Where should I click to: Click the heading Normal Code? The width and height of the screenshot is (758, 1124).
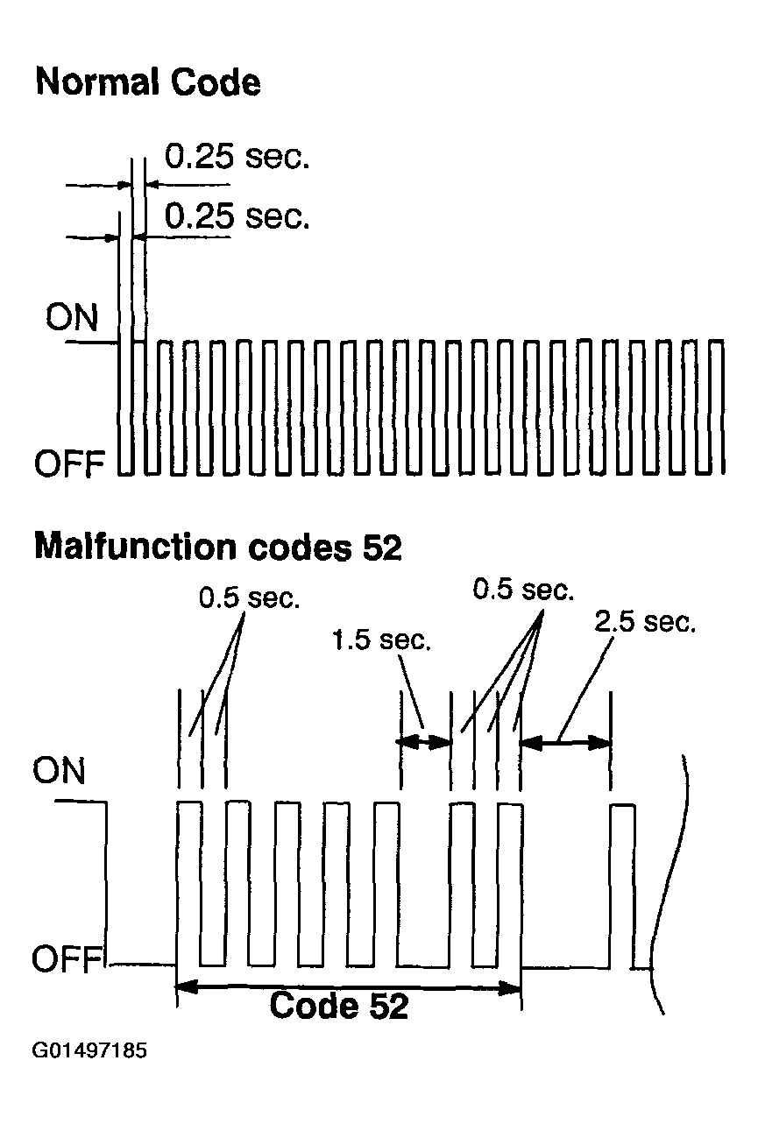[x=149, y=82]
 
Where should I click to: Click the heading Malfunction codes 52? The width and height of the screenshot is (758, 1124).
[x=218, y=547]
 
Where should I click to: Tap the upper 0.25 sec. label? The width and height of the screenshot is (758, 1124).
[x=237, y=157]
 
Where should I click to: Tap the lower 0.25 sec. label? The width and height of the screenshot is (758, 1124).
[x=237, y=216]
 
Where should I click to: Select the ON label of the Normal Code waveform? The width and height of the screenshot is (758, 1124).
[x=71, y=317]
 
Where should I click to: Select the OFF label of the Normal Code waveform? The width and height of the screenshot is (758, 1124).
[x=69, y=463]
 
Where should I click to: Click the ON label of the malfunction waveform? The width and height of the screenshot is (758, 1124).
[x=59, y=770]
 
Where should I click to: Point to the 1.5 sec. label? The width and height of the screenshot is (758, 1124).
[x=381, y=640]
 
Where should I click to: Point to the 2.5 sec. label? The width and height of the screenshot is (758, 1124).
[x=645, y=622]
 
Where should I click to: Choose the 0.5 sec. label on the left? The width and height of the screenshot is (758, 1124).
[x=250, y=597]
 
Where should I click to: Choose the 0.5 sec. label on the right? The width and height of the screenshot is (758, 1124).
[x=523, y=589]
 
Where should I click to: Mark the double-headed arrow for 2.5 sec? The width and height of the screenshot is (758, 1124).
[x=566, y=742]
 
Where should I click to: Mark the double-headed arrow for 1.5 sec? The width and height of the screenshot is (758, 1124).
[x=425, y=741]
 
